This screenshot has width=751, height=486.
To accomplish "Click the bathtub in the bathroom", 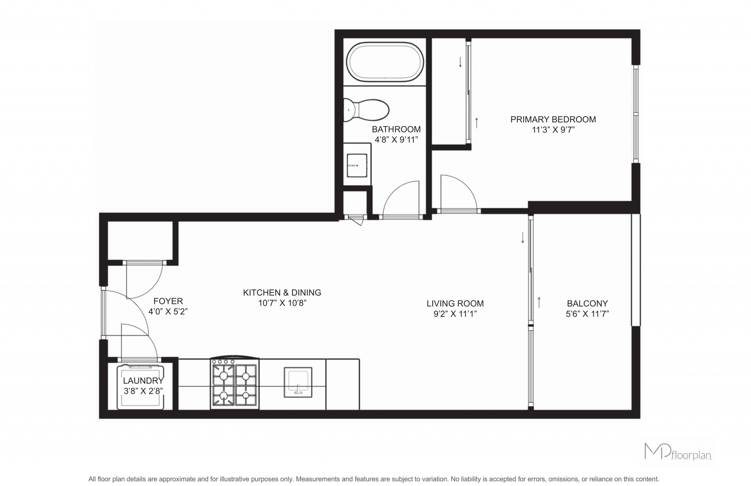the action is tap(386, 62).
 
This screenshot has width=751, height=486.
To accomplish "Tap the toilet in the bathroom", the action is tap(366, 110).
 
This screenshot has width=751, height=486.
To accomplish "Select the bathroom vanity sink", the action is tap(357, 165).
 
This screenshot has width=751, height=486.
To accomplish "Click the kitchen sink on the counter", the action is tap(298, 382).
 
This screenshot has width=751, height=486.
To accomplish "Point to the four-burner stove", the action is tap(235, 383).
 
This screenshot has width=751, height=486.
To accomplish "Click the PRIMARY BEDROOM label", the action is tap(553, 119).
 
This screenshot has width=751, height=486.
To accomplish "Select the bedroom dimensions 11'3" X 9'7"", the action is tap(553, 130).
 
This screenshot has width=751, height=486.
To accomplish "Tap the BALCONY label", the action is tap(588, 303).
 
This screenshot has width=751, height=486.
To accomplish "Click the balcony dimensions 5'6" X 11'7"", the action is tap(588, 314).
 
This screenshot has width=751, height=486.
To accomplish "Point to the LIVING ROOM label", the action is tap(455, 303).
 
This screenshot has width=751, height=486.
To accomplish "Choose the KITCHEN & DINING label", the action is tap(282, 292).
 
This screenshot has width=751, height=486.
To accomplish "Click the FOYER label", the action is tap(168, 301).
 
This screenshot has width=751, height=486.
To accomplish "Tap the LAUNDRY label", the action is tap(143, 381).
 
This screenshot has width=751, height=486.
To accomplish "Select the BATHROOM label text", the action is tap(396, 129).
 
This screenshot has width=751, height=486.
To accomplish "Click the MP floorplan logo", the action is tap(678, 451).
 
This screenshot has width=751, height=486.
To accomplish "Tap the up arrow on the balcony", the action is tap(539, 302).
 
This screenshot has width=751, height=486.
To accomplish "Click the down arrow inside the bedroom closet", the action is tap(460, 62).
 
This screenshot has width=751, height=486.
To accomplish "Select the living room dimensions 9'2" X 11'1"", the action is tap(455, 314).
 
